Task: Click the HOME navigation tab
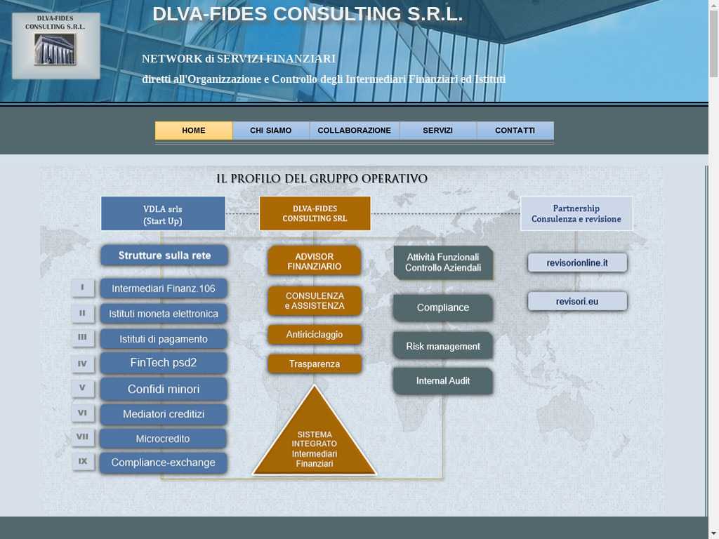point(194,131)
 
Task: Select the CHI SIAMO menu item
point(270,131)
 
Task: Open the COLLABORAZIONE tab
point(354,131)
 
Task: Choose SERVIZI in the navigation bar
point(437,131)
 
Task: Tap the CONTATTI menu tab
point(515,131)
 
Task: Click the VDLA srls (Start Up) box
point(163,213)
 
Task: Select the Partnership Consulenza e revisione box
point(576,213)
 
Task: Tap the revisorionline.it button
point(577,263)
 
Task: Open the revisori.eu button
point(577,302)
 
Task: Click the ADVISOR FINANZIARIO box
point(314,261)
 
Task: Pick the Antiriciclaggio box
point(314,335)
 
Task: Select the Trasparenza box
point(314,364)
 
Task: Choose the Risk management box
point(443,346)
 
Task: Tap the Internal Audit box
point(443,381)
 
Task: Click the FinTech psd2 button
point(163,363)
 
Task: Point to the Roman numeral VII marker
point(83,437)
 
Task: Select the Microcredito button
point(163,439)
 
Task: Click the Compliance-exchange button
point(163,463)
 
